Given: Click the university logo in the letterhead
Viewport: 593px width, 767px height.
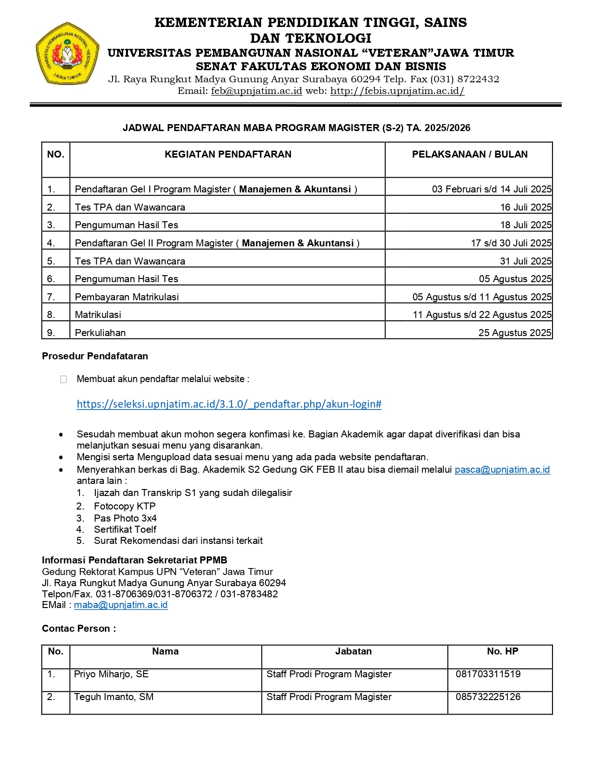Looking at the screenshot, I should point(67,54).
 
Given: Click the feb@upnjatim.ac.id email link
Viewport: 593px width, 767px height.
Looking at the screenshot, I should point(256,91).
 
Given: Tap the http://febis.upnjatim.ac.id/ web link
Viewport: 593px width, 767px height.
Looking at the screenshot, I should point(397,91).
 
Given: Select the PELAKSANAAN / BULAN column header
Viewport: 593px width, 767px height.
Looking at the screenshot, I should point(469,154).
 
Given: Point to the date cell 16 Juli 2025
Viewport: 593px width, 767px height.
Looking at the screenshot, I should point(526,207).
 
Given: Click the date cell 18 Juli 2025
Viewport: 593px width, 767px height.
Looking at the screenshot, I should point(526,225).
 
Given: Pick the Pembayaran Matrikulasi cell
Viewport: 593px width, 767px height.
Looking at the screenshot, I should point(127,297).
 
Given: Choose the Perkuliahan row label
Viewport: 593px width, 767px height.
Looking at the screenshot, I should point(100,333).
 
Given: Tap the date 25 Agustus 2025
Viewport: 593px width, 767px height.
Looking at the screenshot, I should point(514,333).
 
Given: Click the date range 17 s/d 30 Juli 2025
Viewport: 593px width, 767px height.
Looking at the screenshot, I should point(511,243).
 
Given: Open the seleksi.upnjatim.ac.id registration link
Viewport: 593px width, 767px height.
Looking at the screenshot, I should point(229,404).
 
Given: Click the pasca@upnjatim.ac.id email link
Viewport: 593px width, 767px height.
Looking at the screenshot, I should point(502,469).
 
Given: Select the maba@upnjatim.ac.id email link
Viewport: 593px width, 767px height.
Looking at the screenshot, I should point(120,605).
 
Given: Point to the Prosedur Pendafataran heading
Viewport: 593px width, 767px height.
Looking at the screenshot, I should point(95,356).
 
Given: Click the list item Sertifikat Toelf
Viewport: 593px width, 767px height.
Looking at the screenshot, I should point(125,529).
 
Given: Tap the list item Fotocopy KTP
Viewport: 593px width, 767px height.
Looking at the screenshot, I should point(124,506).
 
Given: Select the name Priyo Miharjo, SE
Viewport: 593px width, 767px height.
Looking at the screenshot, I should point(111,674).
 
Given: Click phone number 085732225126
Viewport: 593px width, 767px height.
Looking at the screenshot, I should point(488,697).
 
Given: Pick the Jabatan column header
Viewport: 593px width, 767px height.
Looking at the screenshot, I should point(353,651).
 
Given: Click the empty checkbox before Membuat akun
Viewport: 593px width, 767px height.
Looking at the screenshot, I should point(64,379).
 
